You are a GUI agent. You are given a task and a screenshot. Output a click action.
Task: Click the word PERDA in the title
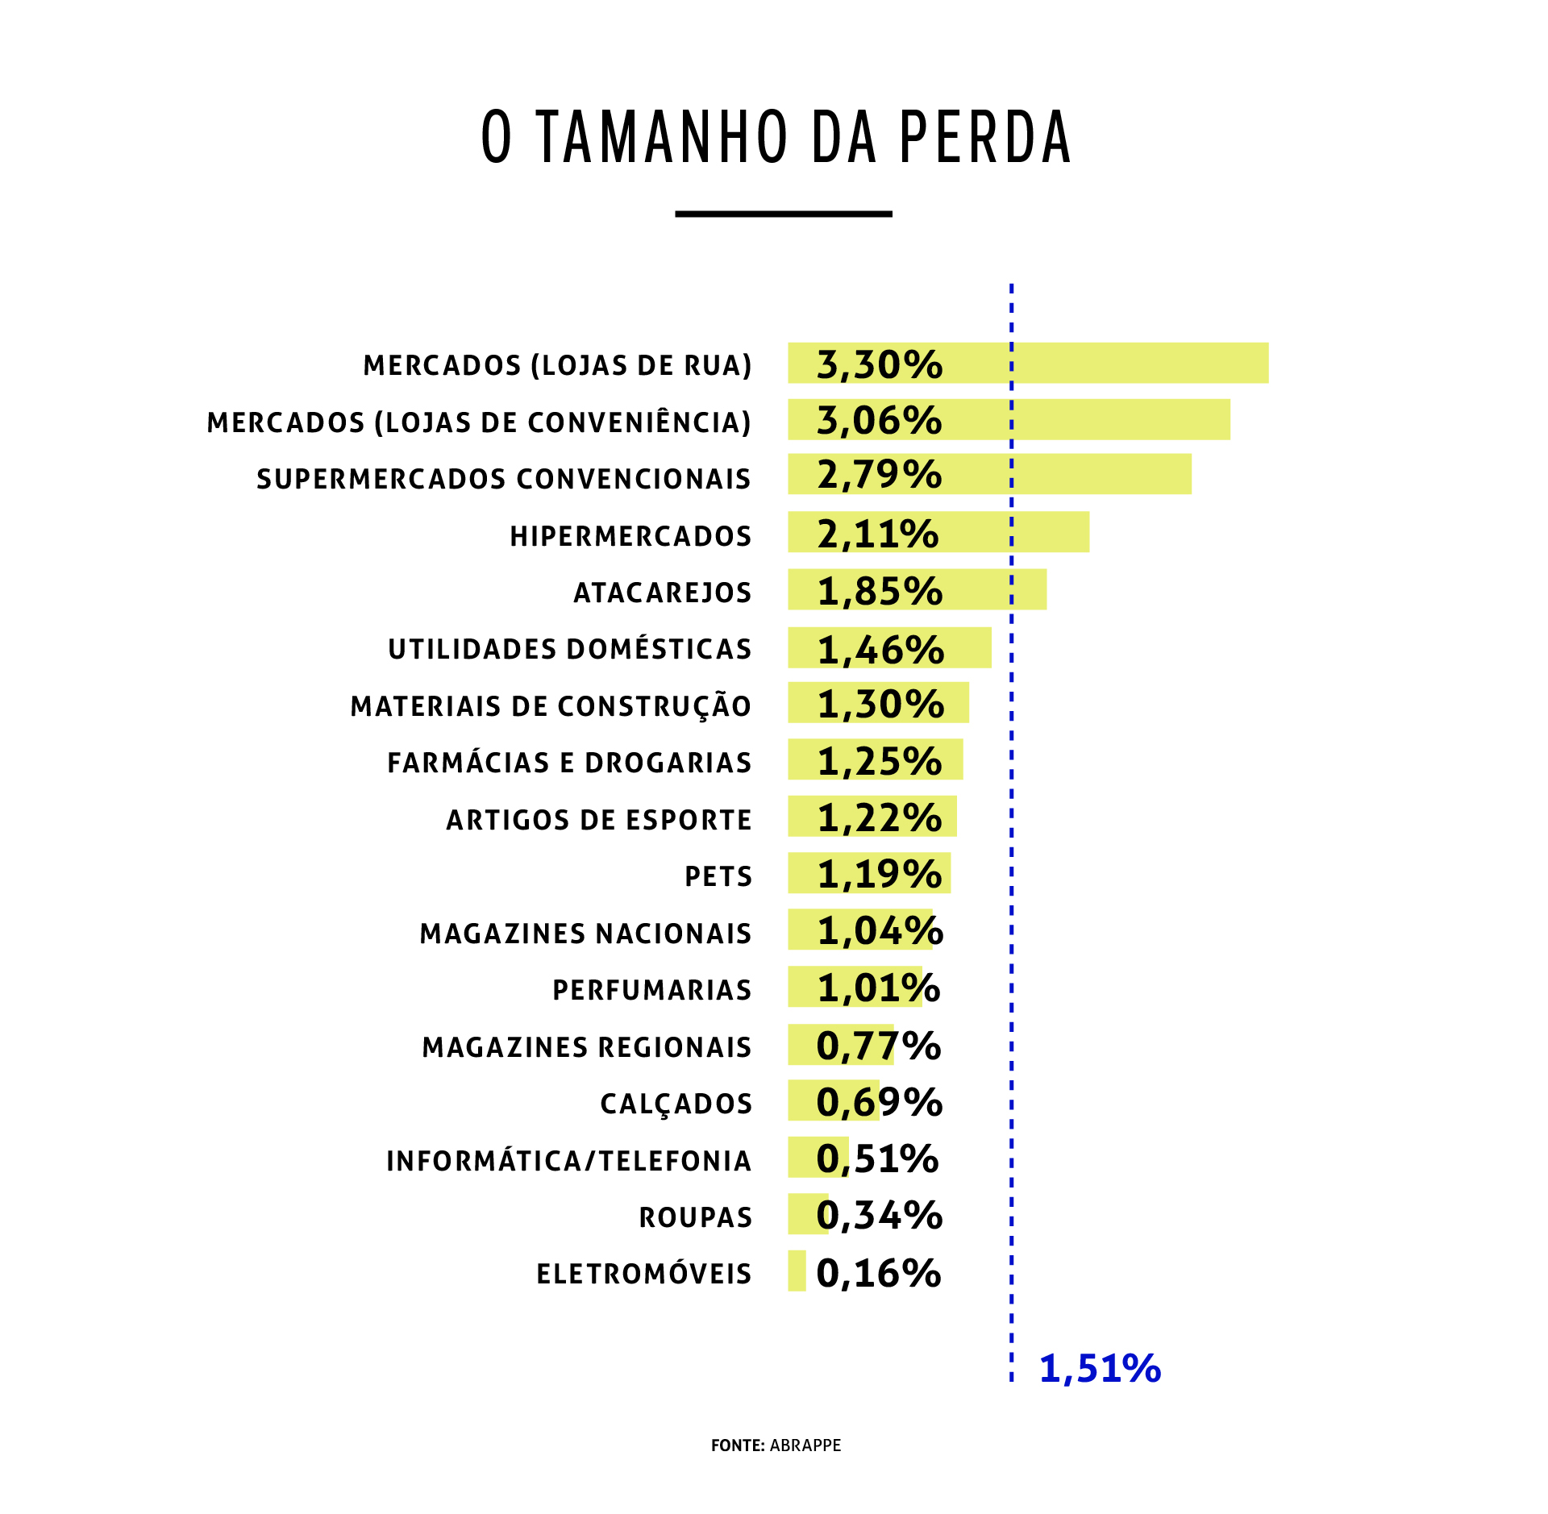tap(984, 137)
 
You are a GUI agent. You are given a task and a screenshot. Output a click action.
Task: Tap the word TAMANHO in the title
tap(662, 137)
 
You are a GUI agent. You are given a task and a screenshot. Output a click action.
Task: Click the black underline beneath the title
tap(783, 214)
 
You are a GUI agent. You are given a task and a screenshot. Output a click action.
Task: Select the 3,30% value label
tap(879, 364)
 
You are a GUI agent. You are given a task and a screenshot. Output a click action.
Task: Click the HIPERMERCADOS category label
tap(630, 536)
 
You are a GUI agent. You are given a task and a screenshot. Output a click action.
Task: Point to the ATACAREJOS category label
tap(662, 593)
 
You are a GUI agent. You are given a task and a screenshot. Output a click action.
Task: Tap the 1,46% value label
tap(880, 650)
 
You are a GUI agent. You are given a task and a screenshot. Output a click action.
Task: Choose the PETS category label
tap(718, 876)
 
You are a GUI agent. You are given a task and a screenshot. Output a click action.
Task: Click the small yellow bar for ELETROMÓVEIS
tap(797, 1271)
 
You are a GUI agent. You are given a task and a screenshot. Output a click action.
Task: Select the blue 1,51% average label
tap(1100, 1368)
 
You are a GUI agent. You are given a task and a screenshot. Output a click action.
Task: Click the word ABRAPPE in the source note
tap(805, 1445)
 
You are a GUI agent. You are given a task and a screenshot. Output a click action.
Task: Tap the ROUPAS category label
tap(695, 1217)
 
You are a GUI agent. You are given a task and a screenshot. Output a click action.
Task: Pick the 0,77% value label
tap(878, 1046)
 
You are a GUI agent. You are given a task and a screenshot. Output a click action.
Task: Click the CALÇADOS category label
tap(676, 1104)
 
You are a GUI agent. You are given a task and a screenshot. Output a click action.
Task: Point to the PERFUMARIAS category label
tap(651, 990)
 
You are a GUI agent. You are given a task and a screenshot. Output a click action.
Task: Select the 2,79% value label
tap(879, 474)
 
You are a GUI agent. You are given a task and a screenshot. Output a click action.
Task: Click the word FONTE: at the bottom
tap(738, 1445)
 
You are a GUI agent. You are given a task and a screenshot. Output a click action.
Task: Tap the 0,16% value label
tap(878, 1273)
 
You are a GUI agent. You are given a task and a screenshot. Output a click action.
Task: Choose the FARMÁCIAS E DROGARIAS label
tap(569, 763)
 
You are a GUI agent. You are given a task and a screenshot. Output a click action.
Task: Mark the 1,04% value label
tap(880, 931)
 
